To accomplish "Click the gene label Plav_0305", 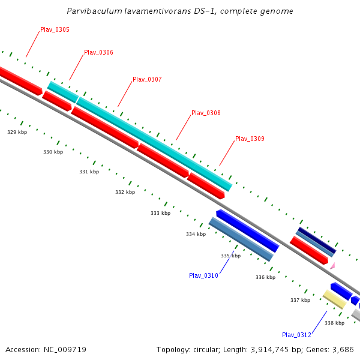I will click(x=55, y=29).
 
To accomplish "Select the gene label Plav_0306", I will click(x=98, y=52).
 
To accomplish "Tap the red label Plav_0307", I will click(x=147, y=79).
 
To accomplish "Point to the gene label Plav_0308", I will click(x=206, y=113).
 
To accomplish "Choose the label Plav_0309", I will click(x=250, y=139).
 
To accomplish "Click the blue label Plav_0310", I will click(x=203, y=275).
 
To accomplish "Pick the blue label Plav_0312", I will click(x=296, y=335).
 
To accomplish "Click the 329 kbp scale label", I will click(x=17, y=132).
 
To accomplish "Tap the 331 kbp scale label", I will click(x=89, y=172).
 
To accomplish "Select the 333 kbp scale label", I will click(x=160, y=213).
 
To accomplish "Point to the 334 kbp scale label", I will click(x=196, y=234).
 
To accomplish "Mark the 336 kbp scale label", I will click(x=265, y=277).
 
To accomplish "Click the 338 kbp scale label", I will click(x=334, y=323).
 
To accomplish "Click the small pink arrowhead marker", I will click(x=332, y=265).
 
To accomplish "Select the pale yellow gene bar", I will click(x=334, y=299).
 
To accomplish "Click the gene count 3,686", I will click(x=343, y=349).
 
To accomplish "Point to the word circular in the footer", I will click(x=203, y=349).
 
